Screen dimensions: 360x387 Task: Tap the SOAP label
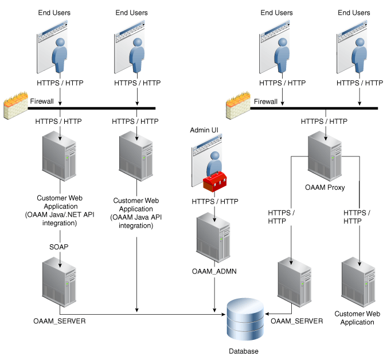coord(60,245)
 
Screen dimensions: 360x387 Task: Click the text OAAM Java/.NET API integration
coord(60,216)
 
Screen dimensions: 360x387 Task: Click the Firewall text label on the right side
coord(265,101)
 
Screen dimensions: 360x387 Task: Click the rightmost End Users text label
coord(354,13)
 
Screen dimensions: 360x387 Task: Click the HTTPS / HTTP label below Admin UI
coord(214,201)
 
